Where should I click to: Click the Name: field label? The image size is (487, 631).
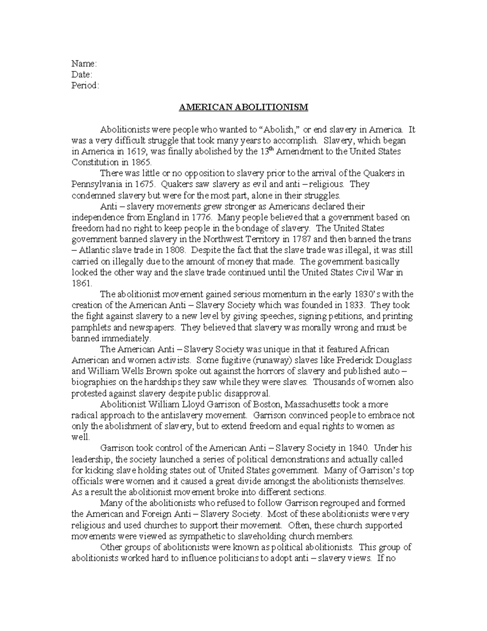84,63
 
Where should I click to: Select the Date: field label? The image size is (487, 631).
82,74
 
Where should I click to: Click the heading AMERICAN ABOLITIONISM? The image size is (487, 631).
243,107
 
